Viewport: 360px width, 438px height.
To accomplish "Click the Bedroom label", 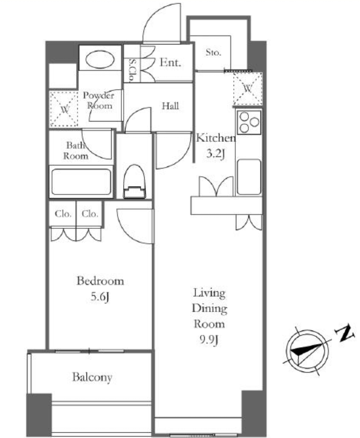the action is [100, 281].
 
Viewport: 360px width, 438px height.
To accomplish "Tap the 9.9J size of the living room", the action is [209, 339].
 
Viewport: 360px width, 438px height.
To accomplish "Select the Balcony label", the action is [92, 377].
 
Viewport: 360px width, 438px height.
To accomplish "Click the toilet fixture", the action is [135, 181].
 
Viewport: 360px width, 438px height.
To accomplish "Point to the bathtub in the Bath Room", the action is [81, 182].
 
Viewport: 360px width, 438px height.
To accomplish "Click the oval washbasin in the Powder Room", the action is [100, 59].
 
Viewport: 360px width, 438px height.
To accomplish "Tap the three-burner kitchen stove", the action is [249, 122].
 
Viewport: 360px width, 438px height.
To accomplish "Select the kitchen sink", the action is [249, 177].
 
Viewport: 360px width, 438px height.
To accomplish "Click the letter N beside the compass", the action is [345, 333].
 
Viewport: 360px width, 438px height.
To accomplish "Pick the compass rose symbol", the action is [307, 351].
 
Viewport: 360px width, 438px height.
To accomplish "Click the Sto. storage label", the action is [213, 52].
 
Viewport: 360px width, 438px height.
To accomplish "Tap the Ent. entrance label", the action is [170, 62].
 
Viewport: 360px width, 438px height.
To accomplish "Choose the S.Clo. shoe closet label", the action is [132, 71].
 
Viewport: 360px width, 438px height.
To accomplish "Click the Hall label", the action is [171, 106].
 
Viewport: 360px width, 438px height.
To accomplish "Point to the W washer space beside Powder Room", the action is [64, 109].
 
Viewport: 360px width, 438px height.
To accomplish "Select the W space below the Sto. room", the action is [247, 89].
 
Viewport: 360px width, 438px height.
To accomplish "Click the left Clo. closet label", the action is [63, 214].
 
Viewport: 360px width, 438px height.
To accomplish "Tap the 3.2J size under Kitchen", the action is [215, 154].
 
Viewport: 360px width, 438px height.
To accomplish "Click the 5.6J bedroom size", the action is [100, 297].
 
